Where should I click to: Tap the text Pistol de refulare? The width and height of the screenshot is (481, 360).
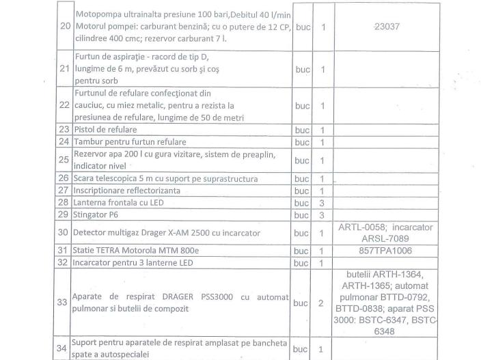[107, 129]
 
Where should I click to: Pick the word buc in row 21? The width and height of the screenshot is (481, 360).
[301, 70]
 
